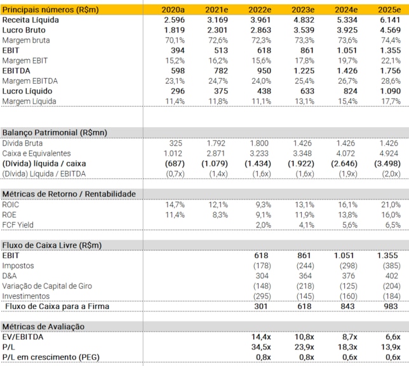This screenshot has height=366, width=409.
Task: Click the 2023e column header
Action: coord(302,10)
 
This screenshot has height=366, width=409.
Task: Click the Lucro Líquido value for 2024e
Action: coord(347,91)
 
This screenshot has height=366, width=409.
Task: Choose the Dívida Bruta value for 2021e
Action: coord(217,143)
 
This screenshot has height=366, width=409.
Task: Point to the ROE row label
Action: coord(11,215)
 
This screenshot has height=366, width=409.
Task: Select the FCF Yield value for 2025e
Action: coord(389,225)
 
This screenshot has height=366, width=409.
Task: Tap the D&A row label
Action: coord(11,276)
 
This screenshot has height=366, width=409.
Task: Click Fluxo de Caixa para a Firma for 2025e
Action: coord(390,306)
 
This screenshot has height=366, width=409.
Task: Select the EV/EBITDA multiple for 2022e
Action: coord(259,337)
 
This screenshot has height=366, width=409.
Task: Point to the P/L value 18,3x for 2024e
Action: coord(346,347)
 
